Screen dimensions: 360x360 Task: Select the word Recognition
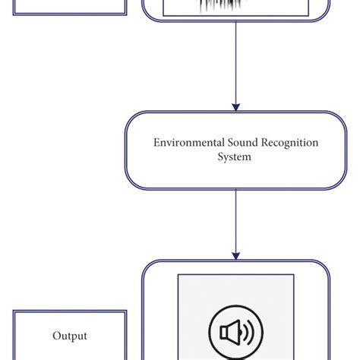[286, 143]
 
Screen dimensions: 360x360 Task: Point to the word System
[235, 157]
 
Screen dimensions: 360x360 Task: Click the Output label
[70, 336]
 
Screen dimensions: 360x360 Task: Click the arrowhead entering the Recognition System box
[236, 106]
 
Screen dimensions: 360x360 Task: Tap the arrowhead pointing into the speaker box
[236, 254]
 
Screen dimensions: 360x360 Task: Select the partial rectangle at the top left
[70, 8]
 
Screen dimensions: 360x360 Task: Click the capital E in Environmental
[156, 143]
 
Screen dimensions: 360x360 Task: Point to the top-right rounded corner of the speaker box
[325, 267]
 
